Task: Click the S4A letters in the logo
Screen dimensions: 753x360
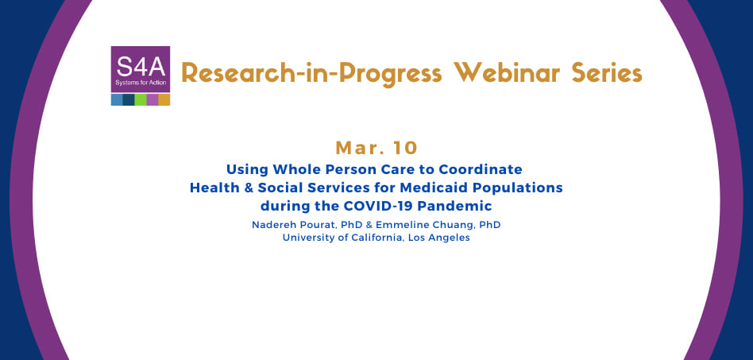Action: tap(141, 67)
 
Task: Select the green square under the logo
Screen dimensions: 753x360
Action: tap(141, 99)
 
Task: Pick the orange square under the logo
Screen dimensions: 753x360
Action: tap(164, 99)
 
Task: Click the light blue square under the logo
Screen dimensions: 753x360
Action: tap(117, 99)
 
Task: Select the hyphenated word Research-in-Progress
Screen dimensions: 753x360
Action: tap(311, 74)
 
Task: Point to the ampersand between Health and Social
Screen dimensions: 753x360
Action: tap(249, 188)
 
